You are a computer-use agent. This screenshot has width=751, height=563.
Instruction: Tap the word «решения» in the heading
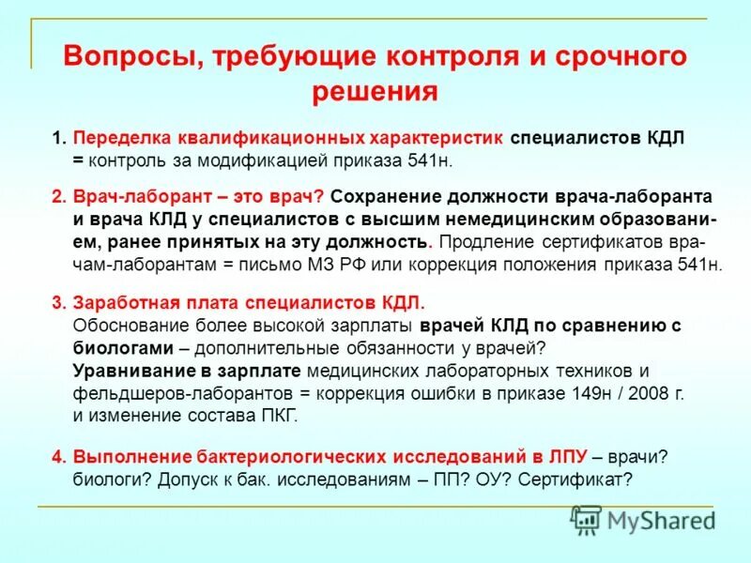tap(375, 91)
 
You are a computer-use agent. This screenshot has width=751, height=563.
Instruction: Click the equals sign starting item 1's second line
tap(77, 160)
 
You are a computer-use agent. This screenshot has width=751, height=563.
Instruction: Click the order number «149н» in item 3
tap(591, 393)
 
